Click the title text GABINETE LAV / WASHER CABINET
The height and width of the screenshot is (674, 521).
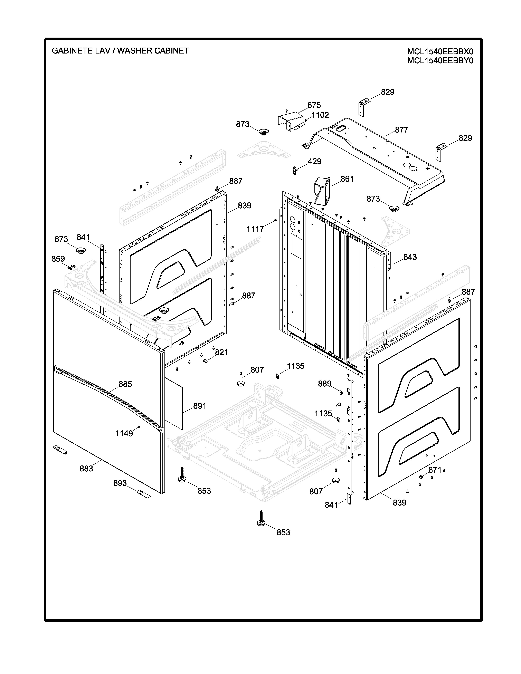point(120,51)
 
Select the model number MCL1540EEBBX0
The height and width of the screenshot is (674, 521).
point(440,51)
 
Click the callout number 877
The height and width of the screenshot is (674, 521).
point(401,130)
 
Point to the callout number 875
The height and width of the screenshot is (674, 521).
point(314,105)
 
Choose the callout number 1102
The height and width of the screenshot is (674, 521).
point(320,115)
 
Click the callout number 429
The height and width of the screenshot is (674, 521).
point(314,161)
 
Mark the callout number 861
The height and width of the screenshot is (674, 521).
point(347,179)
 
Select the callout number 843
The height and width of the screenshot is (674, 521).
point(410,257)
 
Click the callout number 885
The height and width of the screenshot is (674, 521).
point(125,384)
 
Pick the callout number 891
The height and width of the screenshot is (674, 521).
point(199,406)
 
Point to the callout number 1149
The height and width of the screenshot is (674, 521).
point(124,434)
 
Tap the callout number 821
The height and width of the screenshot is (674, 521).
point(221,353)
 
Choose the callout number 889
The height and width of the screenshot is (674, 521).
point(324,384)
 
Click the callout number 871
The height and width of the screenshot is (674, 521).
point(435,470)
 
